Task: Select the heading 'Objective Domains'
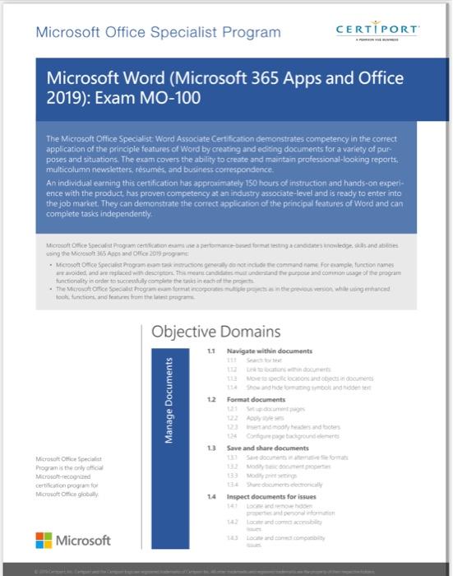[x=216, y=332]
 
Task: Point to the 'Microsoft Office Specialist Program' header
[x=158, y=33]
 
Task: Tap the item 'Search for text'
[x=263, y=361]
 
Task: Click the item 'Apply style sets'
[x=261, y=417]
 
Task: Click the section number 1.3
[x=211, y=448]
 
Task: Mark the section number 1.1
[x=211, y=352]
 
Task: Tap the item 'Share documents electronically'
[x=278, y=484]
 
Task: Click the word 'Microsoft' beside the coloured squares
[x=84, y=541]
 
